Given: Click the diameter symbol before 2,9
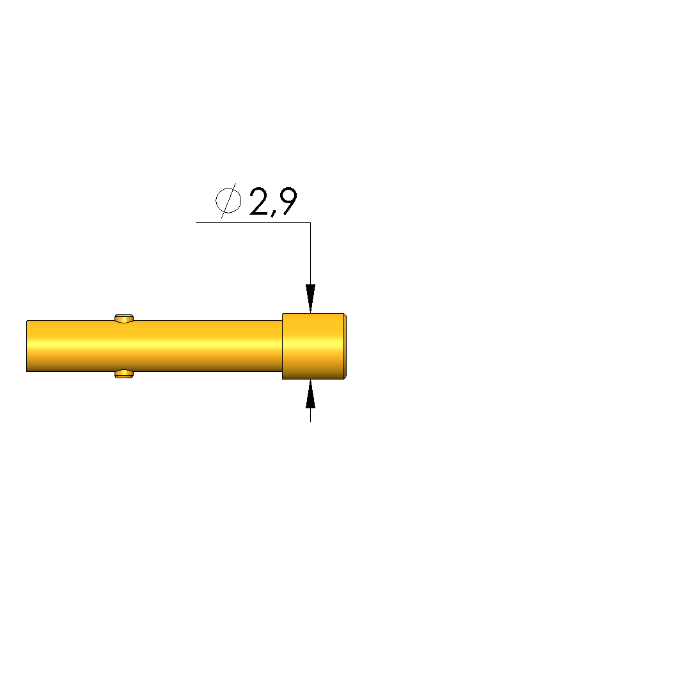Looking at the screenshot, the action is tap(228, 201).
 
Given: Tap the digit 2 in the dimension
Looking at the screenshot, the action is tap(259, 201).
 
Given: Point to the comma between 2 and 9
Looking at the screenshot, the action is tap(274, 213).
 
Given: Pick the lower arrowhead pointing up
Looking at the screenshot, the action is tap(310, 394).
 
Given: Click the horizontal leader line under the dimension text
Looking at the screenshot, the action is tap(253, 222).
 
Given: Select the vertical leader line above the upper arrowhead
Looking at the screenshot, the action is tap(310, 253).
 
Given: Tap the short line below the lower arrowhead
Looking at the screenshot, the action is tap(310, 415).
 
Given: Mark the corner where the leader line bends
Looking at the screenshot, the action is tap(310, 222).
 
